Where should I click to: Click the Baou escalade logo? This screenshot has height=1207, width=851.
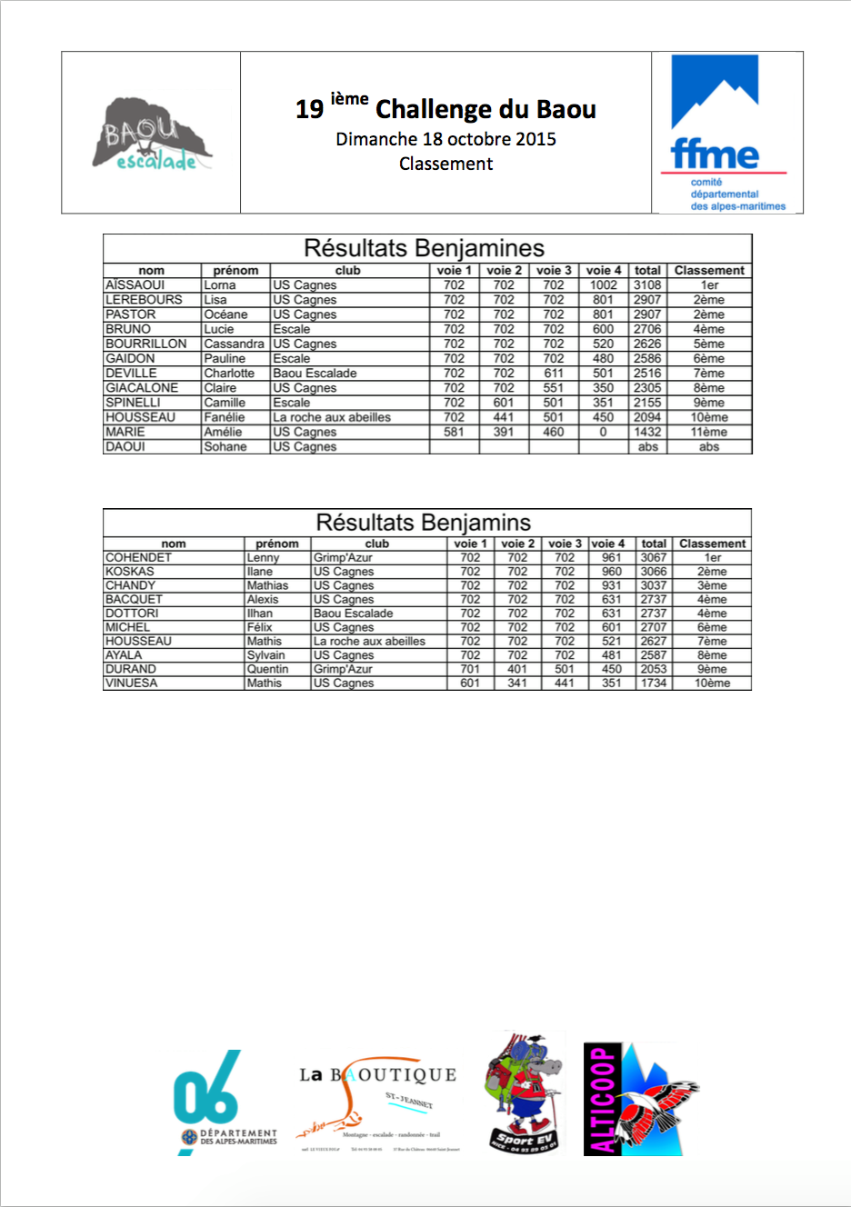point(152,135)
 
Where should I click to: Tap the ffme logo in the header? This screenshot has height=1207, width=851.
point(726,133)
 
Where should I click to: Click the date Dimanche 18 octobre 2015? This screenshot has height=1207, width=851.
point(446,139)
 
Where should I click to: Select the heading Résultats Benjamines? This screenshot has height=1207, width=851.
point(424,248)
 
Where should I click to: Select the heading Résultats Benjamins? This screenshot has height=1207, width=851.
point(423,523)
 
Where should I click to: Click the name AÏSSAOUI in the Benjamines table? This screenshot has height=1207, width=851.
point(135,285)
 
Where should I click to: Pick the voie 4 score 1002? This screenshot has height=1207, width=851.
point(603,285)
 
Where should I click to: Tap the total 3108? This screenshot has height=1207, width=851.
point(647,285)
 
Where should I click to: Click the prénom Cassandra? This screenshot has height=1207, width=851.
point(234,344)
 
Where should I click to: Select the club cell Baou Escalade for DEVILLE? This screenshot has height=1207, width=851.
point(315,374)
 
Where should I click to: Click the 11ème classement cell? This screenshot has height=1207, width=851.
point(708,433)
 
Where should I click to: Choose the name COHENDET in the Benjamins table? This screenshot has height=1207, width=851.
point(138,558)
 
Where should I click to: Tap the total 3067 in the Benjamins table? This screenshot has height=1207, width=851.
point(653,558)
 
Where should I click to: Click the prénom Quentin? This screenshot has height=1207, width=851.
point(267,669)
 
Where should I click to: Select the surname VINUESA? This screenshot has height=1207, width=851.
point(131,683)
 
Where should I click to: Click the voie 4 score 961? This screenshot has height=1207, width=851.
point(611,558)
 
